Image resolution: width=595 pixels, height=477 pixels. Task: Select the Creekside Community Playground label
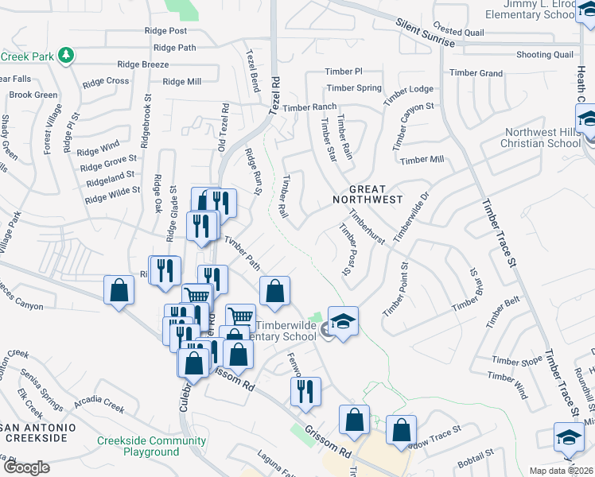151,446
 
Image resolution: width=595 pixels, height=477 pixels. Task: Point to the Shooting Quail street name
544,54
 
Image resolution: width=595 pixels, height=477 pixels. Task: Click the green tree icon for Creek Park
68,55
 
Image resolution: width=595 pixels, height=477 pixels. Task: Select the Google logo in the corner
25,467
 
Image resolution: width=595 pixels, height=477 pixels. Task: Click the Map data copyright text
562,471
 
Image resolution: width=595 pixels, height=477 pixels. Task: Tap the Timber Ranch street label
309,107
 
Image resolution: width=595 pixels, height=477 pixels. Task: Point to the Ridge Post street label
165,31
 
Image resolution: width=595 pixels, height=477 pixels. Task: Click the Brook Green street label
33,95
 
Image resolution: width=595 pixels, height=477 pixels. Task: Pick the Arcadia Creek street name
100,405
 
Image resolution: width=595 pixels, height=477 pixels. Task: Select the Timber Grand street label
476,73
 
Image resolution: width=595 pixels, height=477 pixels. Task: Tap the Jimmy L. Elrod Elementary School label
532,10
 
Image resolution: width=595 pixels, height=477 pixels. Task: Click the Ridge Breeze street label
142,64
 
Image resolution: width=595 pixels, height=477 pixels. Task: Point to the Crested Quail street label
459,32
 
